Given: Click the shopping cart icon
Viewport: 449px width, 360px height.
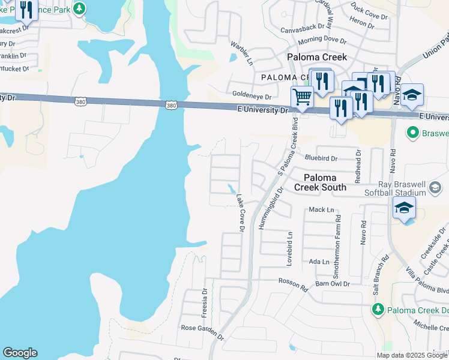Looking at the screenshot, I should (302, 96).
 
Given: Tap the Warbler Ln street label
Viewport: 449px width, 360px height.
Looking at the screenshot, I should (241, 53).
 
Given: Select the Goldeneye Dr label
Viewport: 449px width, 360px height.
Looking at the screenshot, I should (252, 96).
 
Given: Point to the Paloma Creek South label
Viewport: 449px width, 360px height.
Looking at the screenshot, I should (325, 182).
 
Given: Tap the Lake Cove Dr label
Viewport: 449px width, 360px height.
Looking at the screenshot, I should (240, 212).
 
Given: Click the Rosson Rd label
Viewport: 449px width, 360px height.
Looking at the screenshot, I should (293, 284).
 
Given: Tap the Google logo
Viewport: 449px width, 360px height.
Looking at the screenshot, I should (20, 353).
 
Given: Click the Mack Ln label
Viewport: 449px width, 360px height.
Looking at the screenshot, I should (321, 210).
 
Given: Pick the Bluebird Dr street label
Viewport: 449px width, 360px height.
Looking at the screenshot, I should (321, 158).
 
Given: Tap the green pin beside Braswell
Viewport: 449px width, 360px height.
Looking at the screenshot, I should (412, 132).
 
